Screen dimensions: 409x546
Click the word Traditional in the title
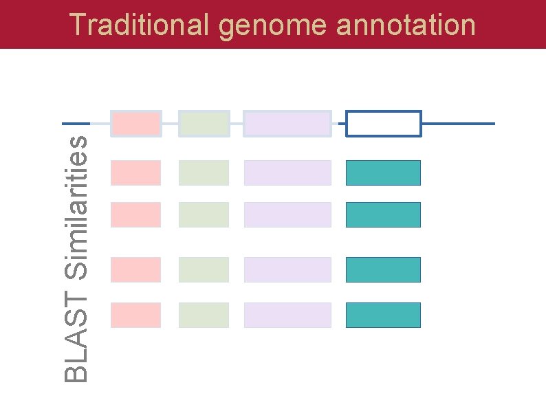[x=140, y=25]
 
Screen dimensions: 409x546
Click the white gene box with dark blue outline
[x=383, y=124]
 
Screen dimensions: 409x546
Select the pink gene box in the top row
[x=135, y=124]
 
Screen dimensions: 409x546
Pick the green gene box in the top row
[x=204, y=124]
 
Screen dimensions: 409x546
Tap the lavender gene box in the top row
[x=287, y=124]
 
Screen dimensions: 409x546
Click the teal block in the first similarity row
[x=383, y=173]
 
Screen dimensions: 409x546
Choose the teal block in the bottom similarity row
[x=383, y=315]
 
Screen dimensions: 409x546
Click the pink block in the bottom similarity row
[x=135, y=315]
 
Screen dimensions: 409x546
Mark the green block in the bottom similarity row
[x=204, y=315]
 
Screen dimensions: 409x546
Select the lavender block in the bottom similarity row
[x=287, y=315]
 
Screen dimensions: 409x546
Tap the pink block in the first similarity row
[x=135, y=173]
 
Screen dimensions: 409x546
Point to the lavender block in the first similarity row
[x=287, y=173]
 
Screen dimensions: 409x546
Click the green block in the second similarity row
[x=204, y=214]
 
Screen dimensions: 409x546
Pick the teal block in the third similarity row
[x=383, y=269]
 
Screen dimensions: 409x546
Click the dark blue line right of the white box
[x=458, y=124]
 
